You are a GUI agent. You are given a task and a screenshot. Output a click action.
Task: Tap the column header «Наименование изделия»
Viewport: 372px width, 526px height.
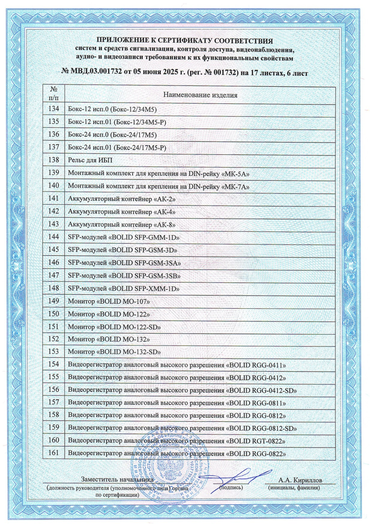[x=200, y=95]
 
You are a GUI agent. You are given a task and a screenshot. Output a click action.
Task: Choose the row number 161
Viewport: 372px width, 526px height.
[x=54, y=453]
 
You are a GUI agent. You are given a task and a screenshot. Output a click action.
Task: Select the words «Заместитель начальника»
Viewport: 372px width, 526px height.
[x=118, y=480]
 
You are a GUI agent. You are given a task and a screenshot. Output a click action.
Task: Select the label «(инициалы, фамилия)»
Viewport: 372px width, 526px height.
[x=294, y=488]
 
